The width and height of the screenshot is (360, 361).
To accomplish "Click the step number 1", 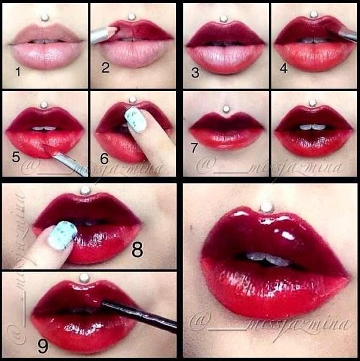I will click(x=18, y=73).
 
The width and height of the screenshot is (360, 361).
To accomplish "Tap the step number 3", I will click(x=195, y=74).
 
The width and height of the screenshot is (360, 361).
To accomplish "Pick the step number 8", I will click(x=137, y=250).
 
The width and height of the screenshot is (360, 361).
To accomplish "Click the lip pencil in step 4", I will click(x=346, y=34).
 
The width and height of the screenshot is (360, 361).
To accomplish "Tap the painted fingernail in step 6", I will click(x=136, y=118).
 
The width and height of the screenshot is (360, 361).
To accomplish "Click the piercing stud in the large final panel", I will click(x=266, y=208).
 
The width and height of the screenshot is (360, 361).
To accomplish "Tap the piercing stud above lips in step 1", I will click(x=43, y=18).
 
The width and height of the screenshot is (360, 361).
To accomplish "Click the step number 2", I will click(x=105, y=67).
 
